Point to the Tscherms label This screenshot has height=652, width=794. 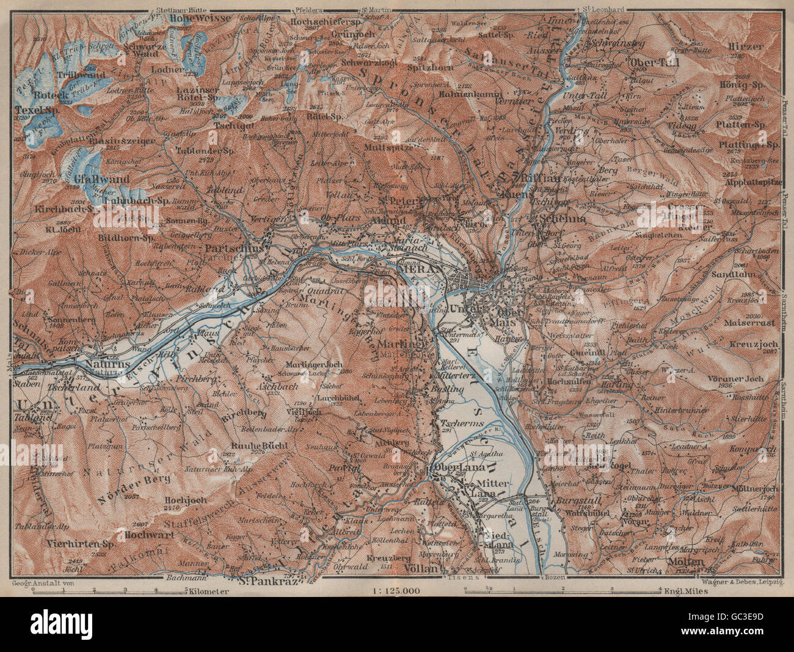(450, 423)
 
